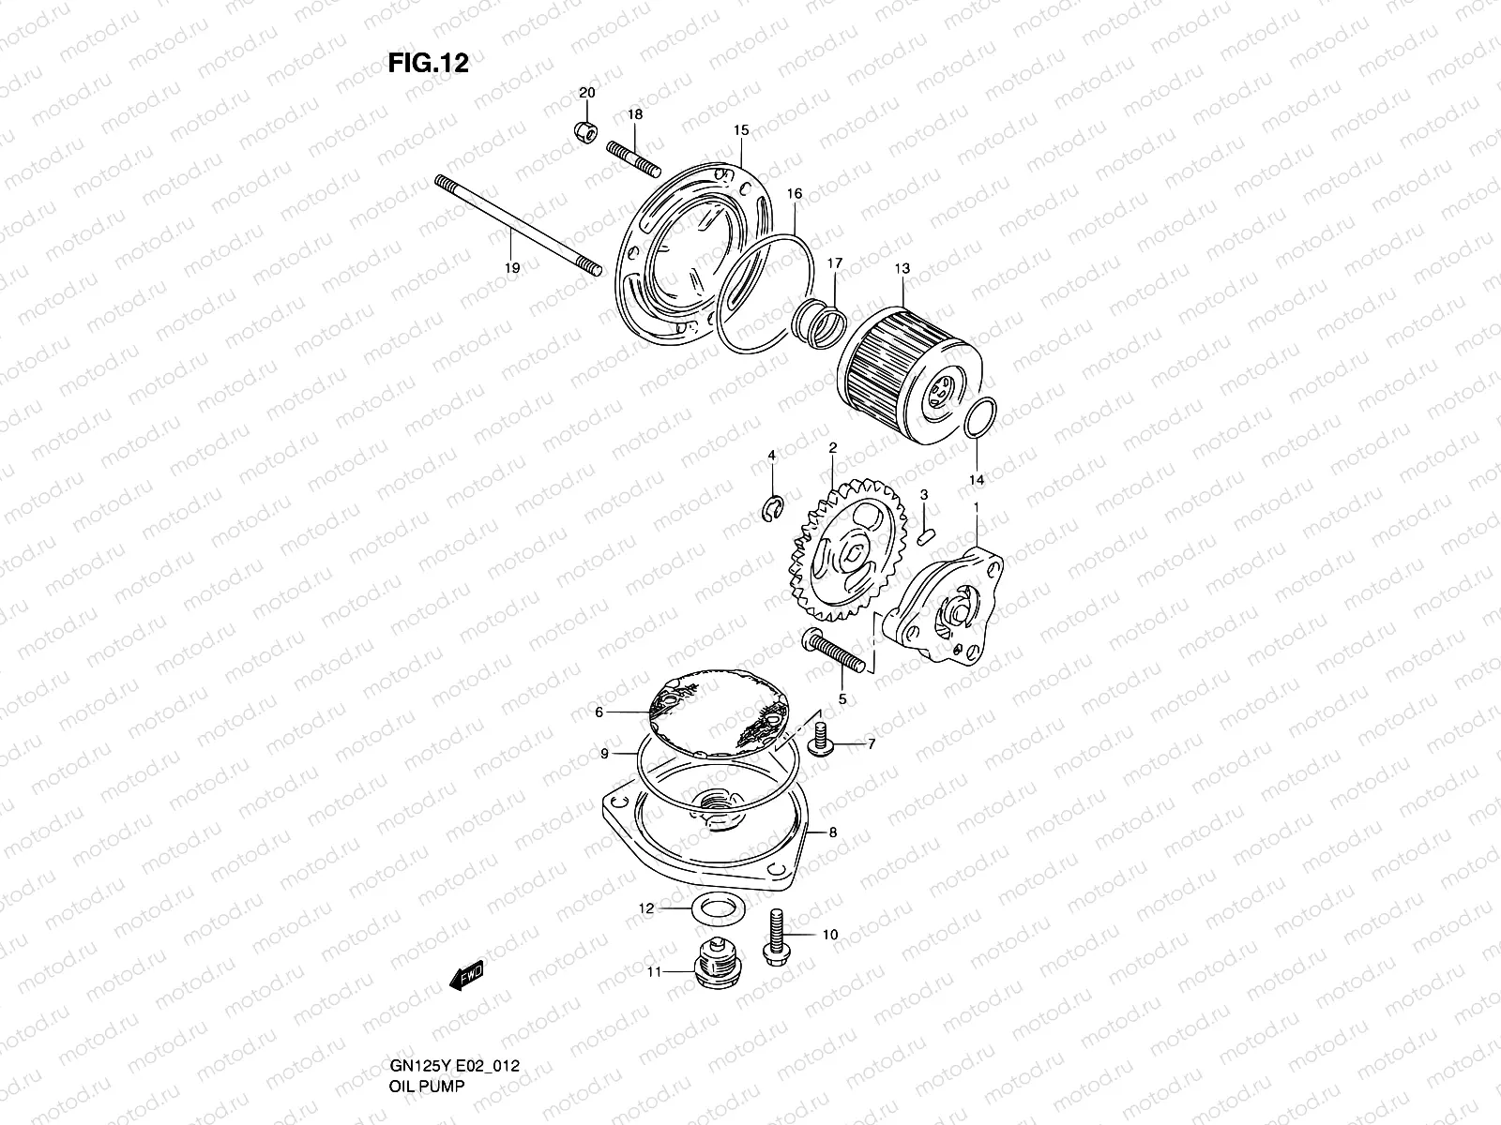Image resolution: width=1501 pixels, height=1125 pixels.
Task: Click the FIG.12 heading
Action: (x=428, y=63)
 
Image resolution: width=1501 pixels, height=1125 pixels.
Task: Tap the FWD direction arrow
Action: (x=466, y=978)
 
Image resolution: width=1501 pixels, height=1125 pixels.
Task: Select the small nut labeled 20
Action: (x=586, y=131)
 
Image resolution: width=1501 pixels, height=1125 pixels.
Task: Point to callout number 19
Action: (x=510, y=267)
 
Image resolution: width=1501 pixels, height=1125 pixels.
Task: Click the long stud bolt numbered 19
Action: (x=516, y=225)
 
